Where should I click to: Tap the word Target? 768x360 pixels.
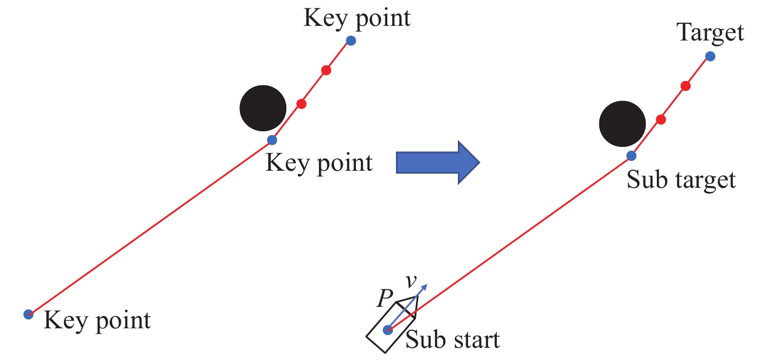point(710,33)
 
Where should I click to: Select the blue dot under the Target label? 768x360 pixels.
point(710,56)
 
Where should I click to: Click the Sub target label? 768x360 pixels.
point(681,180)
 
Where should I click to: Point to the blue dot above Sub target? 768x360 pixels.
point(631,156)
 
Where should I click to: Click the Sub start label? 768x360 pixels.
point(453,340)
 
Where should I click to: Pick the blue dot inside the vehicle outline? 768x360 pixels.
point(388,330)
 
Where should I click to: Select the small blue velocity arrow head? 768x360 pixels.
point(424,287)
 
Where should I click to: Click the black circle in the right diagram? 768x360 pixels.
point(622,124)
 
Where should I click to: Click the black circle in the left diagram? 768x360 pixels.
point(263,108)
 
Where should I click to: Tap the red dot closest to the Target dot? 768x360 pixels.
point(686,86)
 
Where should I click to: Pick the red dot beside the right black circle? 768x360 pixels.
point(661,120)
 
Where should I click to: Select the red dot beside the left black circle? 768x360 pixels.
point(301,103)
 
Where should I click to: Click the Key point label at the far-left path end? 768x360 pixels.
point(97,320)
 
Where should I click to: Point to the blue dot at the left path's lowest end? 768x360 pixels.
point(28,314)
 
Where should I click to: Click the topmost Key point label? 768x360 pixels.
point(357,18)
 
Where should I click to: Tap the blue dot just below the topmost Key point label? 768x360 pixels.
point(351,40)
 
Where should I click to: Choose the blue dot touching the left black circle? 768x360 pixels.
point(272,140)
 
